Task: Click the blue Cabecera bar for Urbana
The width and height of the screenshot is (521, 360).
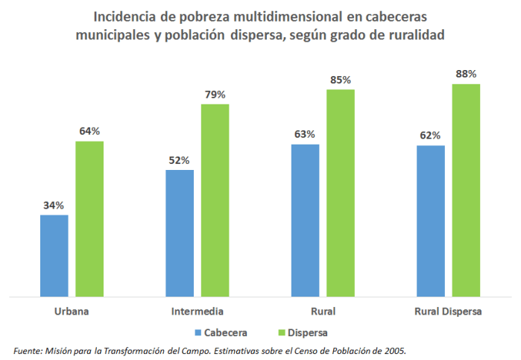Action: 54,256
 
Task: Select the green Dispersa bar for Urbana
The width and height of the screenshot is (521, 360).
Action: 89,220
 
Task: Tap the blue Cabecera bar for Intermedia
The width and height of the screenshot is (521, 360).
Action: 180,234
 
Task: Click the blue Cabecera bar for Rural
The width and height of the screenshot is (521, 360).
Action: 305,221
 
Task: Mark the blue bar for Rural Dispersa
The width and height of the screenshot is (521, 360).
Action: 431,222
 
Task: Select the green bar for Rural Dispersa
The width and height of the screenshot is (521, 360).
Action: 466,191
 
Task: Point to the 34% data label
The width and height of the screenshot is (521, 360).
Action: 54,206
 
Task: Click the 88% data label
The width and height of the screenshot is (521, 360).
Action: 467,74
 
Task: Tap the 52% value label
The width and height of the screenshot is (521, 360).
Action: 180,160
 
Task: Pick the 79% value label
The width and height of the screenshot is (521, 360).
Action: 215,95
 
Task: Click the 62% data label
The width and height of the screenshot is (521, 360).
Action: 431,136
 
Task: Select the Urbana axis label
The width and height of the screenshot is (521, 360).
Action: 72,311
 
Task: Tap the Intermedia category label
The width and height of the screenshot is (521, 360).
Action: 198,311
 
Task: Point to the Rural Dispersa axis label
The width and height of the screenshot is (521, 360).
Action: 448,311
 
